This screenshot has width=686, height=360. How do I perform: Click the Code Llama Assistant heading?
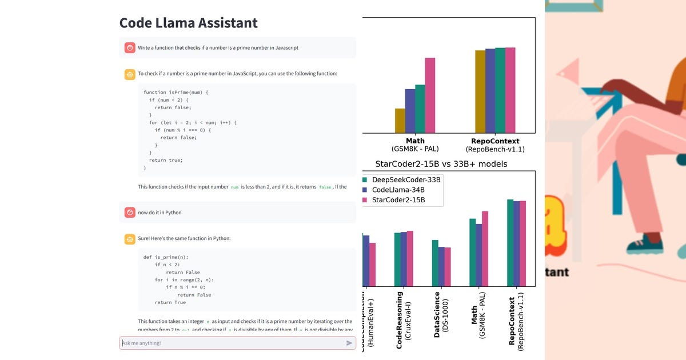point(188,23)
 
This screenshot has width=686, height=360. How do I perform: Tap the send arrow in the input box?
point(349,343)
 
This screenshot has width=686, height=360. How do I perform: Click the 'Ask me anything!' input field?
point(229,343)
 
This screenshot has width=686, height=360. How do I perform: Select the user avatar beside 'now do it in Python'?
point(130,213)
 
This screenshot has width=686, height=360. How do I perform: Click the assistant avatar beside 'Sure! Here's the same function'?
point(130,238)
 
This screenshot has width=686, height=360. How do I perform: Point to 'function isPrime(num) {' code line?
point(176,92)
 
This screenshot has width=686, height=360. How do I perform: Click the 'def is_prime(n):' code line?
point(166,257)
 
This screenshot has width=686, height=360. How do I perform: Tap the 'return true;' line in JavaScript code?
point(166,160)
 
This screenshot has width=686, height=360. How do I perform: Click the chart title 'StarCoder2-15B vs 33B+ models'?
point(441,164)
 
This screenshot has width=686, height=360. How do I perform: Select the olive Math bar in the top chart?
point(400,121)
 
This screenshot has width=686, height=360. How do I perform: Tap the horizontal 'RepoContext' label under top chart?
point(495,141)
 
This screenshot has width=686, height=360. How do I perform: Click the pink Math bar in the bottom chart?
point(485,249)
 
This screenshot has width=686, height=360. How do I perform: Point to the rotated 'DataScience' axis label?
point(437,314)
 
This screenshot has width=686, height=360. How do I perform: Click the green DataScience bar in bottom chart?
point(435,263)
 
